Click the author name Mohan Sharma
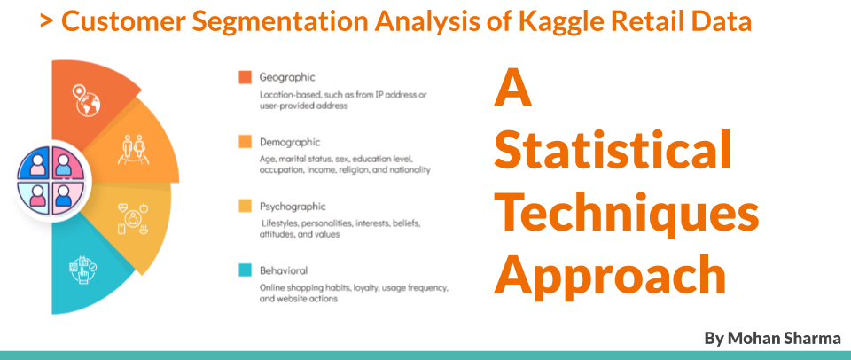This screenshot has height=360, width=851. click(772, 339)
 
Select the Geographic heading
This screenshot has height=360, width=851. click(287, 78)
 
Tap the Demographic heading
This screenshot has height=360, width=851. click(290, 142)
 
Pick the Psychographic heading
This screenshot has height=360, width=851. click(293, 207)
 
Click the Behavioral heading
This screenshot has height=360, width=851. click(284, 270)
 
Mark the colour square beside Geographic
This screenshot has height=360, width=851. click(245, 78)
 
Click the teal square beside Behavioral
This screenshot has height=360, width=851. click(245, 270)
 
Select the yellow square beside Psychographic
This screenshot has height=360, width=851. click(245, 207)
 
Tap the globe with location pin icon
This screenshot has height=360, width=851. click(87, 101)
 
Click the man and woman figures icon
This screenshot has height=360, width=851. click(132, 149)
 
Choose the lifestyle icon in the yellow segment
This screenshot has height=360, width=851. click(133, 218)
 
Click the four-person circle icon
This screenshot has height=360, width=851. click(51, 180)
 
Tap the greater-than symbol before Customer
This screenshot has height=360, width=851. click(47, 21)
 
